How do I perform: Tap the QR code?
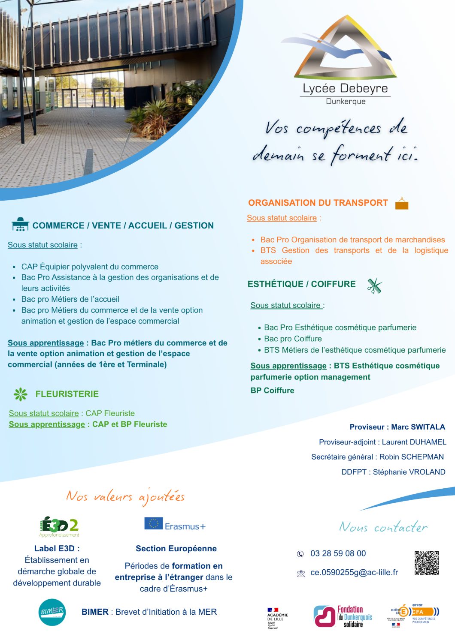click(x=426, y=563)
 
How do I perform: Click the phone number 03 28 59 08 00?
click(x=338, y=553)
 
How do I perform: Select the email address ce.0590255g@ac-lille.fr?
click(x=354, y=572)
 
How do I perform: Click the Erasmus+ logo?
click(x=175, y=525)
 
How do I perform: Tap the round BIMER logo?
click(x=52, y=612)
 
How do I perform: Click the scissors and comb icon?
click(x=374, y=285)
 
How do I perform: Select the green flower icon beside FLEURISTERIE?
click(x=20, y=394)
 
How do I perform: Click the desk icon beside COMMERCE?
click(x=20, y=224)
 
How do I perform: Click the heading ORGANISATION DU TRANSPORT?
click(x=318, y=203)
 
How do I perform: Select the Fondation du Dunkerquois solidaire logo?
click(x=343, y=616)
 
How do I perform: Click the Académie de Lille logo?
click(x=277, y=618)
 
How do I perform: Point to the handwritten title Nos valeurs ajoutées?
click(x=125, y=497)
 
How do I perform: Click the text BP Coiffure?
click(x=272, y=391)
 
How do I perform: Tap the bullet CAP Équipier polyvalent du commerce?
click(x=90, y=267)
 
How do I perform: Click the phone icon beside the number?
click(x=300, y=554)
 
